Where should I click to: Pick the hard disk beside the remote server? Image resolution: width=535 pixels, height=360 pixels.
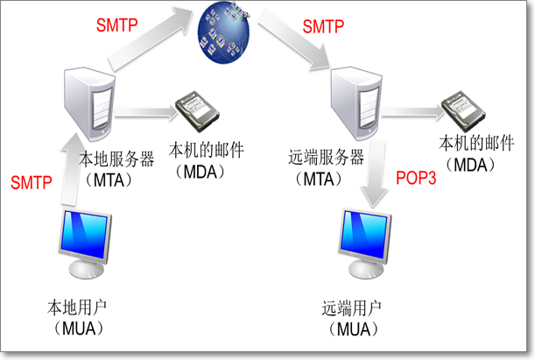461,111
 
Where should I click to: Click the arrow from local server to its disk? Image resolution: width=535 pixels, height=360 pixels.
145,111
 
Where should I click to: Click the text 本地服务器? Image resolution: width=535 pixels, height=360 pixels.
116,159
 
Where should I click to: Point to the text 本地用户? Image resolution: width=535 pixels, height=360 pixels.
78,307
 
